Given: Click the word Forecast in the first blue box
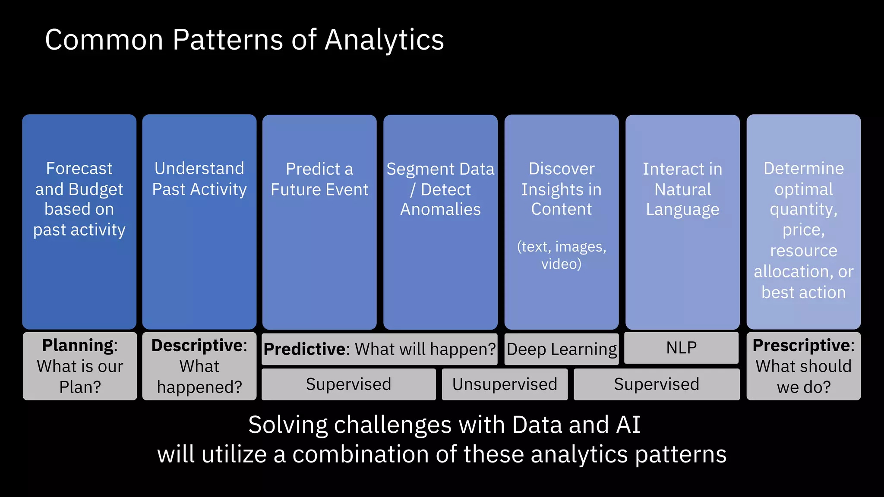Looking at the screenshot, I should coord(79,168).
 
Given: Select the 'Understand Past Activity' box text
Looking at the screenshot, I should coord(199,179).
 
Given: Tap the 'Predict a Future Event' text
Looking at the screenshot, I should coord(319,179).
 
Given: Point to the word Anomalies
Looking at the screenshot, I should coord(440,209).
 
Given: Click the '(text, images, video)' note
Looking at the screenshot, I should coord(561,255).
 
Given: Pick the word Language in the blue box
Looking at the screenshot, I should coord(682,209).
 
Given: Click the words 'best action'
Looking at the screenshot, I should coord(803,293).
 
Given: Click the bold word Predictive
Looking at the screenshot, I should coord(306,349).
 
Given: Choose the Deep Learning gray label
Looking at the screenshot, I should coord(562,349).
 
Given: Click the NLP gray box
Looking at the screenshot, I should coord(681,348).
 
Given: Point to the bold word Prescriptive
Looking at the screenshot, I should coord(802,346).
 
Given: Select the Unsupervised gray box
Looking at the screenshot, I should coord(505,384).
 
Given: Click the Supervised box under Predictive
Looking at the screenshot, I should coord(348,384).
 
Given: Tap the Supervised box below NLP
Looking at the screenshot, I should coord(656,384).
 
